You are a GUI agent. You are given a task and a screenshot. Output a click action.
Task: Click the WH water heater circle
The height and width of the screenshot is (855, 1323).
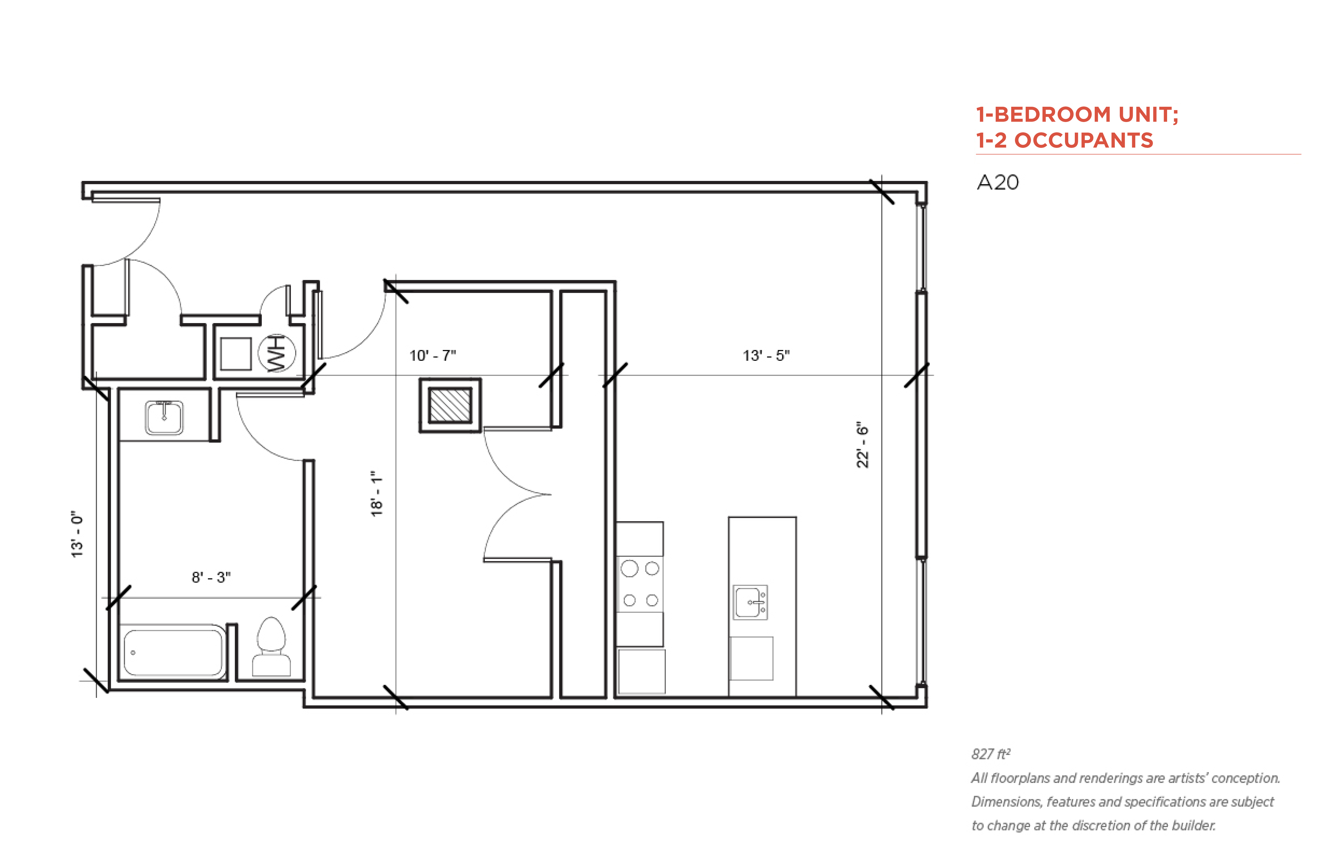coord(277,353)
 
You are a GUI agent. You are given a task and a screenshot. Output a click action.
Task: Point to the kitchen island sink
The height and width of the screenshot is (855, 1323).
coord(750,602)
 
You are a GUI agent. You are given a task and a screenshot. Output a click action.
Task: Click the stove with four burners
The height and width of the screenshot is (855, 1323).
coord(640,584)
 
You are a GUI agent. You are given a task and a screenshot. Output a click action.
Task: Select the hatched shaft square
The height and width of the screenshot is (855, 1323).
coord(450,405)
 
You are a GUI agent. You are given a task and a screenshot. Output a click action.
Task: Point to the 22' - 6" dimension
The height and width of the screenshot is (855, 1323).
coord(862,445)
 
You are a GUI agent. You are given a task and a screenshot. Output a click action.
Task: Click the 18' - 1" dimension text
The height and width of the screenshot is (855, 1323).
coord(376,494)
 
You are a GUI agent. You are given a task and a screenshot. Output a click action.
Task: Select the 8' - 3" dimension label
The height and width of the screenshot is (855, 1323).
coord(211,577)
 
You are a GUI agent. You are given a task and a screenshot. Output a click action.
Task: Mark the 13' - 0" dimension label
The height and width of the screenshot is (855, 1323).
coord(77,534)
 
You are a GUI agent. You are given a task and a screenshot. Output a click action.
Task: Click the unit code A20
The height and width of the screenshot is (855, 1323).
coord(997,182)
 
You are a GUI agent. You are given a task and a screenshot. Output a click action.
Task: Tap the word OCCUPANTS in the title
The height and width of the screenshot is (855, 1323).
coord(1084,140)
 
